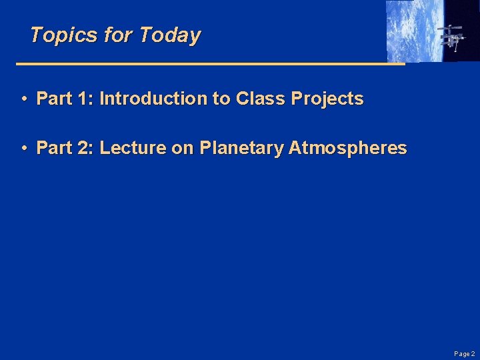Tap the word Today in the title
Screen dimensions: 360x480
[x=169, y=35]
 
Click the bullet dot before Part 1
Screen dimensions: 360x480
[x=23, y=99]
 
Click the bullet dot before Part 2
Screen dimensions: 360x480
[x=23, y=149]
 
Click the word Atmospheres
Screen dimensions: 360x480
[x=348, y=148]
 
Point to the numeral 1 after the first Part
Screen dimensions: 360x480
[x=83, y=99]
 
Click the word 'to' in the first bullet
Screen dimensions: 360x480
[x=220, y=99]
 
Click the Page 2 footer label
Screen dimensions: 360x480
[x=464, y=354]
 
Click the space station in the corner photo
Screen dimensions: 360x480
[x=452, y=36]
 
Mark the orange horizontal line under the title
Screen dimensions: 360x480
[x=210, y=64]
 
